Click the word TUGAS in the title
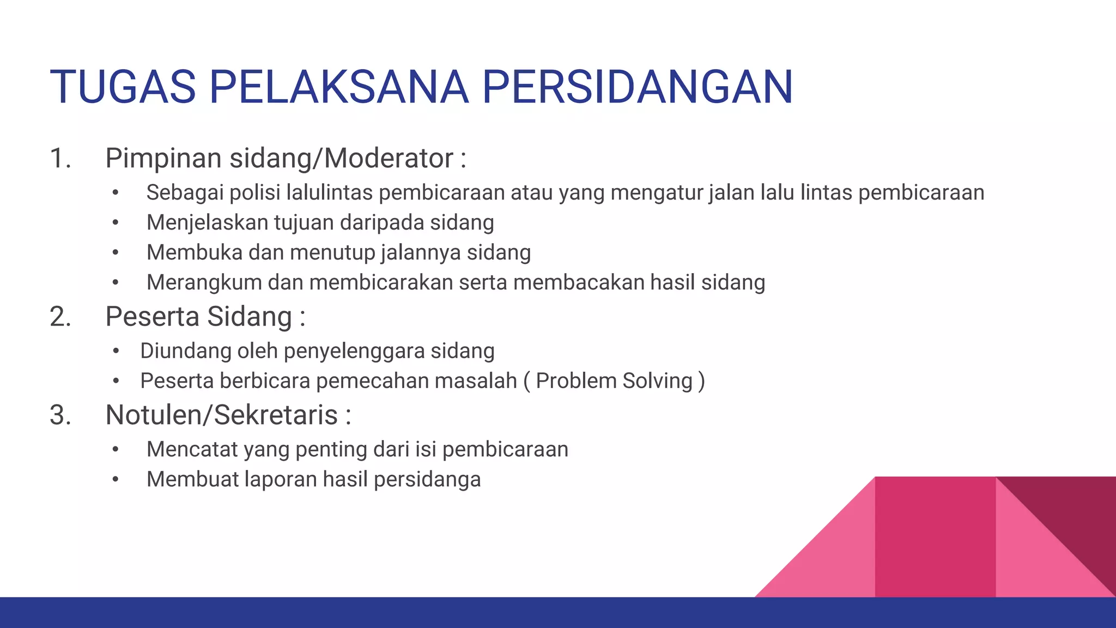pyautogui.click(x=123, y=87)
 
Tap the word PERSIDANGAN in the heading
pyautogui.click(x=637, y=87)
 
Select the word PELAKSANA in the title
pyautogui.click(x=338, y=87)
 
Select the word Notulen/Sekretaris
pyautogui.click(x=222, y=415)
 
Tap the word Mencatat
pyautogui.click(x=192, y=450)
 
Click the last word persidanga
pyautogui.click(x=427, y=480)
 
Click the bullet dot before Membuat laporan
pyautogui.click(x=116, y=480)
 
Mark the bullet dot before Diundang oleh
pyautogui.click(x=116, y=351)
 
